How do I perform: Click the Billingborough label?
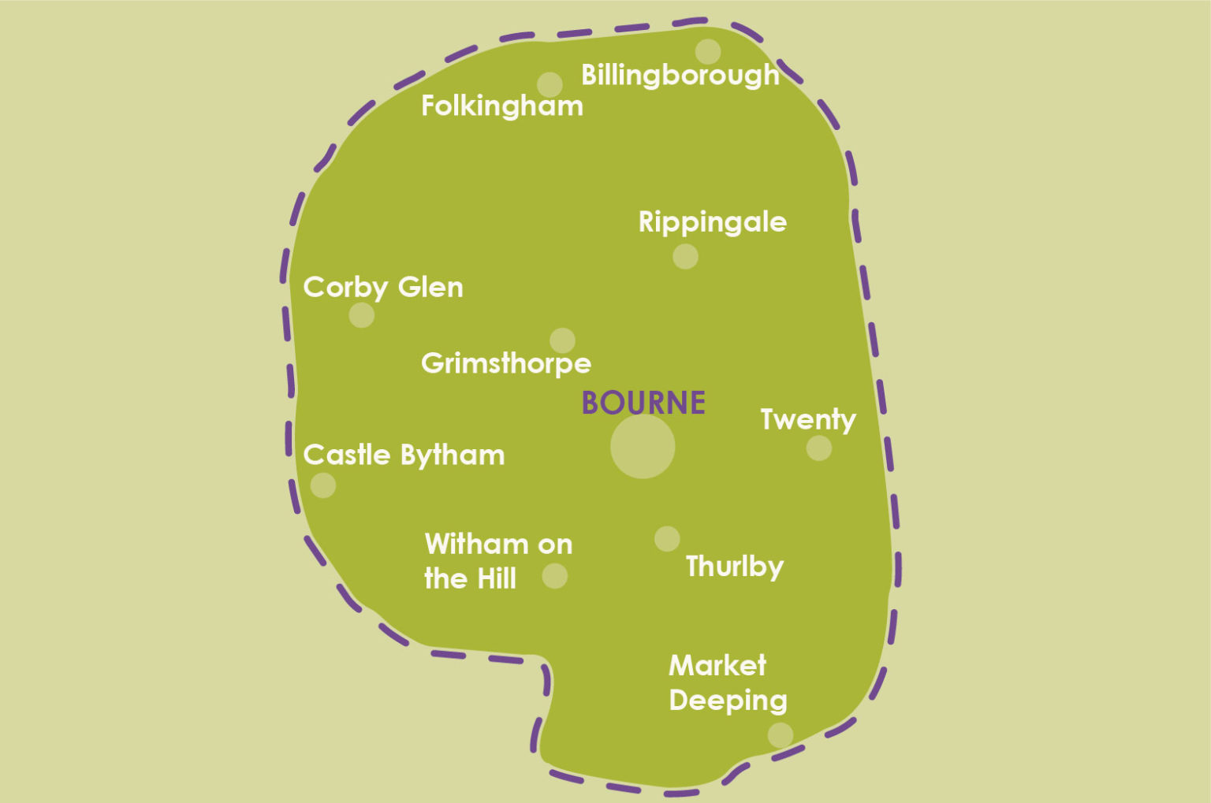point(680,76)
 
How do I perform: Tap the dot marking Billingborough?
point(708,52)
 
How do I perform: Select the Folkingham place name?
point(501,106)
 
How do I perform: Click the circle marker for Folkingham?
point(550,84)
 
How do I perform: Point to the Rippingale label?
point(712,222)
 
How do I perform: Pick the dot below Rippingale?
point(685,256)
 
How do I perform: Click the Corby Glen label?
point(383,288)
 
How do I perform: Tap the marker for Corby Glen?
point(362,315)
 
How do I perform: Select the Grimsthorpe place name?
point(505,363)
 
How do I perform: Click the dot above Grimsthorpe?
point(562,340)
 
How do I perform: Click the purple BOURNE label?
point(643,403)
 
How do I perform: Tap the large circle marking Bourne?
point(643,447)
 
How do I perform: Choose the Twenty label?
point(807,420)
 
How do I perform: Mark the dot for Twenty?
point(819,448)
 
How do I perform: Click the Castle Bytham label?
point(404,455)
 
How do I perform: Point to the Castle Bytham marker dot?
point(323,485)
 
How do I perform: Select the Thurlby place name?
point(734,567)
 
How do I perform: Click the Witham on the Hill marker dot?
point(554,576)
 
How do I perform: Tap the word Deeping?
point(728,701)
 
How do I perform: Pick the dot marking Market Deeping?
point(781,735)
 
